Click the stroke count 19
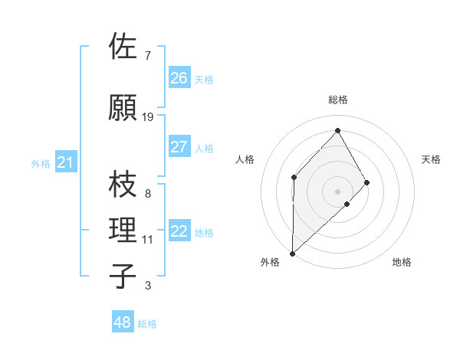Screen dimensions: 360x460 148,117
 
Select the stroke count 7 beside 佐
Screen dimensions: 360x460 147,56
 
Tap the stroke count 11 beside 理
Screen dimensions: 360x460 147,240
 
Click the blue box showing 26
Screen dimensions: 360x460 179,78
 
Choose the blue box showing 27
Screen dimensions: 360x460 179,147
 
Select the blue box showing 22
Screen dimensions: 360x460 179,232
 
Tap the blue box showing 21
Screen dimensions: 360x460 65,162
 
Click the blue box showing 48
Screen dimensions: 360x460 123,322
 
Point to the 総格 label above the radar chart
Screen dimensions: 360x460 338,100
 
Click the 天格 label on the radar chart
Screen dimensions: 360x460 431,159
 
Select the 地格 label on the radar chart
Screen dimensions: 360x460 402,262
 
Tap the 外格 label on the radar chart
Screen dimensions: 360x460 270,262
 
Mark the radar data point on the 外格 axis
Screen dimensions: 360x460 292,253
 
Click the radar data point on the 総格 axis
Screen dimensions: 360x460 337,130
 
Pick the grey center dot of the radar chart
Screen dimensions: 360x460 337,191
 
